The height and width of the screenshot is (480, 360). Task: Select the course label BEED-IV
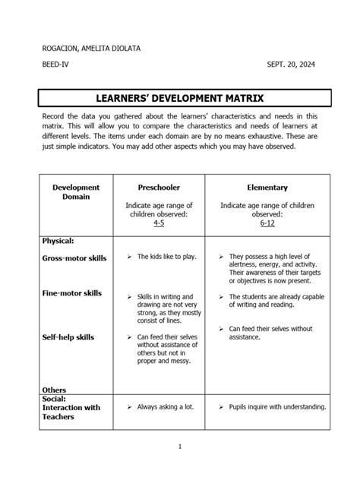pyautogui.click(x=54, y=67)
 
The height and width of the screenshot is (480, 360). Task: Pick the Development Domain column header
pyautogui.click(x=76, y=191)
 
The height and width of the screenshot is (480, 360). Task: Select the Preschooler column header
pyautogui.click(x=159, y=187)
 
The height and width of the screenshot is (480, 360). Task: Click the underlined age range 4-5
pyautogui.click(x=159, y=224)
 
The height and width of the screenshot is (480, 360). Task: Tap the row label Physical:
pyautogui.click(x=58, y=240)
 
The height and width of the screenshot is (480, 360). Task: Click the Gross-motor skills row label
pyautogui.click(x=74, y=258)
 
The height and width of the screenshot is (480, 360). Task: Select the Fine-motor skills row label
pyautogui.click(x=72, y=293)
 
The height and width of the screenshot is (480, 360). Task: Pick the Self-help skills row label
pyautogui.click(x=68, y=337)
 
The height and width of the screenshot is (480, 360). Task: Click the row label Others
pyautogui.click(x=55, y=390)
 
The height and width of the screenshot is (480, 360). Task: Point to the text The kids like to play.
pyautogui.click(x=166, y=257)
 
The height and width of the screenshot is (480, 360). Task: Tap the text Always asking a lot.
pyautogui.click(x=166, y=407)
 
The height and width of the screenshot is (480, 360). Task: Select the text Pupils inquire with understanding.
pyautogui.click(x=277, y=407)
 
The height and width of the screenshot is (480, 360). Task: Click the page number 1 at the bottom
pyautogui.click(x=179, y=447)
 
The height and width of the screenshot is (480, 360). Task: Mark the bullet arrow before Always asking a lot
pyautogui.click(x=130, y=407)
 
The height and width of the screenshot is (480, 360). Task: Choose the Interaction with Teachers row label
pyautogui.click(x=71, y=412)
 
